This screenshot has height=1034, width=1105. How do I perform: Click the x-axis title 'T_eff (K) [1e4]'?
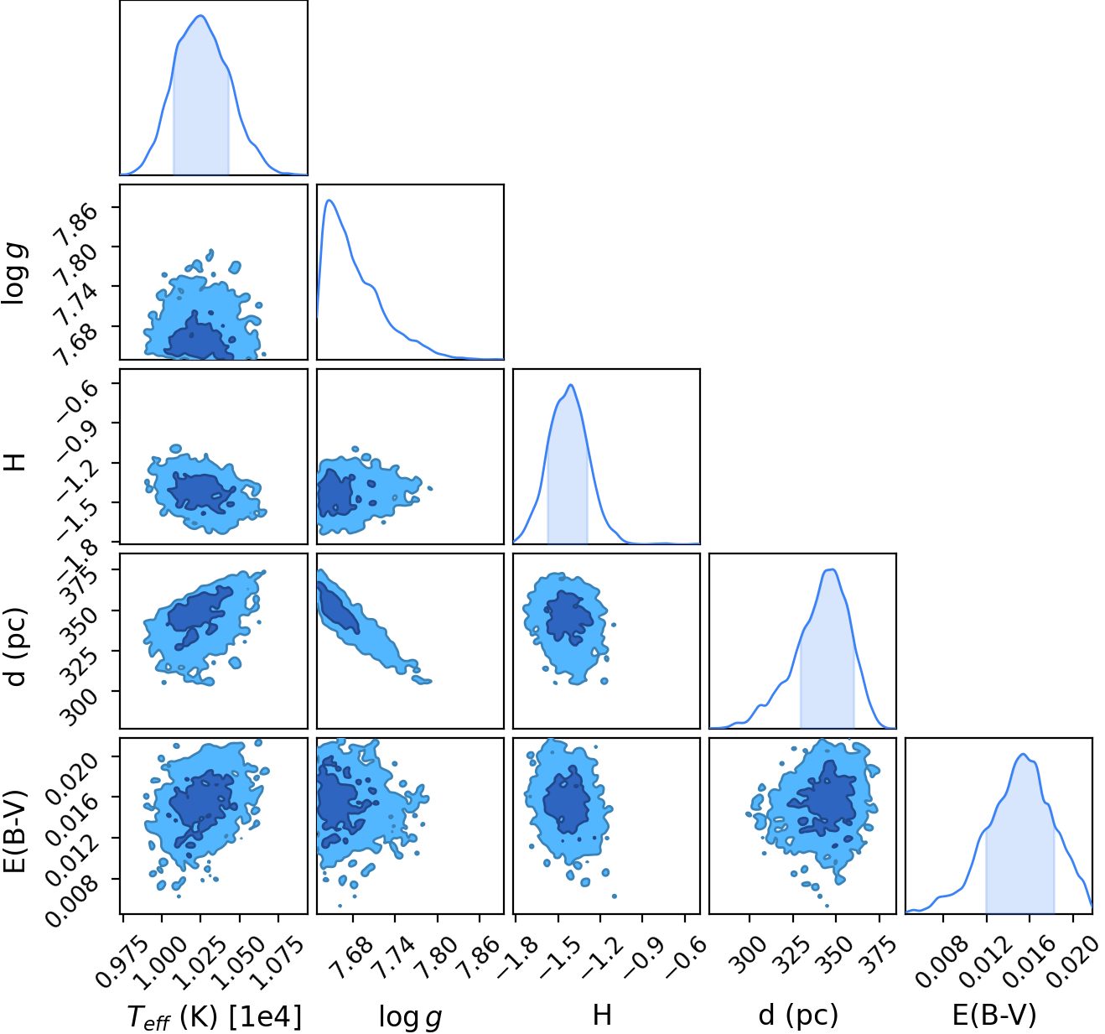[x=215, y=1016]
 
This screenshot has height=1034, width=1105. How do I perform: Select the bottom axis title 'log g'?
[x=410, y=1017]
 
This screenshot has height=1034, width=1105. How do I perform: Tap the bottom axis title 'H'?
[x=602, y=1015]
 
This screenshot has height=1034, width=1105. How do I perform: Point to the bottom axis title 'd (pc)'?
[x=798, y=1016]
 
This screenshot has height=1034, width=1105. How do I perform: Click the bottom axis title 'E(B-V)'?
[x=995, y=1016]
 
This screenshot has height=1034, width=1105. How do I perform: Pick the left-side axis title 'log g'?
[x=14, y=273]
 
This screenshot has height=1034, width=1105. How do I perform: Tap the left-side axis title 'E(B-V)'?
[x=15, y=831]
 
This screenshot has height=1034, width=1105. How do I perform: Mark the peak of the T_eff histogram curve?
[x=201, y=16]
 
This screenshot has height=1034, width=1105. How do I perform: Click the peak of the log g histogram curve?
[x=329, y=200]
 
